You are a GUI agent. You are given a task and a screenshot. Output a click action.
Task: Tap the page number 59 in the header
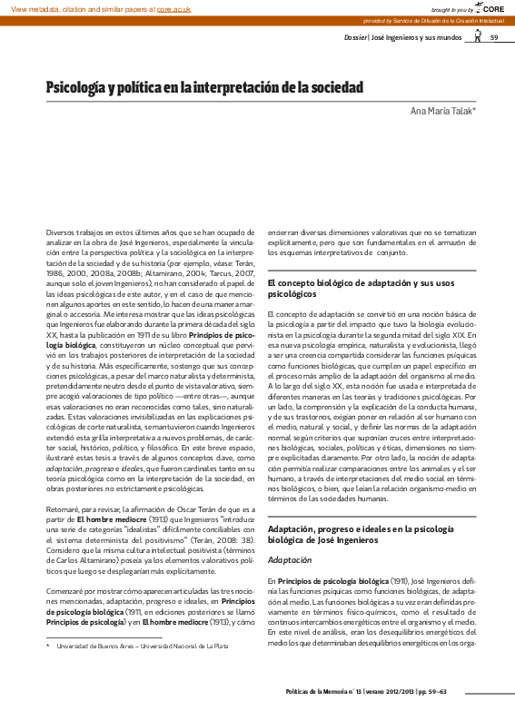coord(494,37)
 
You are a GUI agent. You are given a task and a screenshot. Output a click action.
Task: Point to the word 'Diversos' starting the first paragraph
coord(62,233)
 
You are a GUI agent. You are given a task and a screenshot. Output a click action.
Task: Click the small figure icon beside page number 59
coord(478,37)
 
